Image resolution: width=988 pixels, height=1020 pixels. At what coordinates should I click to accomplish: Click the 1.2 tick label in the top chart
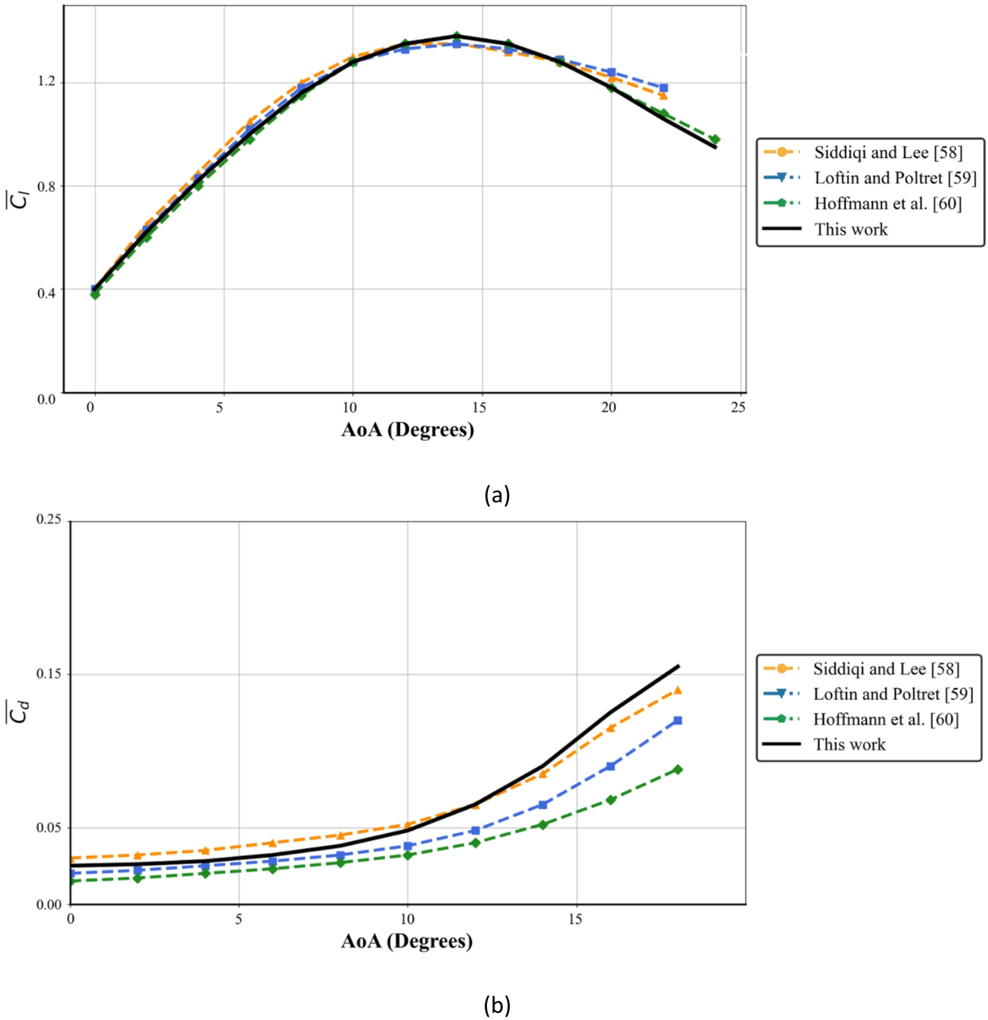tap(46, 81)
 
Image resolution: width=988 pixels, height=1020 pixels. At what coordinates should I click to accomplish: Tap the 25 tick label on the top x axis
tap(738, 407)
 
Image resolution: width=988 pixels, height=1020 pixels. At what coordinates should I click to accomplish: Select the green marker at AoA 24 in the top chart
tap(714, 139)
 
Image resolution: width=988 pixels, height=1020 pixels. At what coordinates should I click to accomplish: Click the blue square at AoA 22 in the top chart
tap(664, 88)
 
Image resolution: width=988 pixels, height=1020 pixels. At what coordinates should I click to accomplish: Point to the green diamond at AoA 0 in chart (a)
tap(95, 294)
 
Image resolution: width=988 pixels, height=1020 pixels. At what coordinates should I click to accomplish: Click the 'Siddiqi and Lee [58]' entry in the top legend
tap(888, 153)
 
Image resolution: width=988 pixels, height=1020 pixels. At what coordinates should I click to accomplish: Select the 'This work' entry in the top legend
tap(851, 229)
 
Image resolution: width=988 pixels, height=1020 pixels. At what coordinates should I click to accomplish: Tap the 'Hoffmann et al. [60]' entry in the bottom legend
tap(885, 719)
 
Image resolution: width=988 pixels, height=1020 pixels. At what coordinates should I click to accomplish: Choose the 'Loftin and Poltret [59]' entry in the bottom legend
tap(893, 694)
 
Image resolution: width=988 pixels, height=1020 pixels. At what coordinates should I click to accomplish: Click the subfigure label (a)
tap(497, 495)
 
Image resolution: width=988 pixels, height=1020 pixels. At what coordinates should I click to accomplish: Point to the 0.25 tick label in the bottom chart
tap(49, 519)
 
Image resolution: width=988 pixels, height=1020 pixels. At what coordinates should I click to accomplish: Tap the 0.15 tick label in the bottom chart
tap(49, 673)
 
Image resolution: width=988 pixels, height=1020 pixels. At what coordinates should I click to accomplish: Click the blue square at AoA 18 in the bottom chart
tap(678, 720)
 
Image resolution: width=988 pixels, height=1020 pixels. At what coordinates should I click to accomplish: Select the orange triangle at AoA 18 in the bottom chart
tap(678, 690)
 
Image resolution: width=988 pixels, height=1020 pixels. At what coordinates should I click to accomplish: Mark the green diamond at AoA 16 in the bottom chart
tap(611, 799)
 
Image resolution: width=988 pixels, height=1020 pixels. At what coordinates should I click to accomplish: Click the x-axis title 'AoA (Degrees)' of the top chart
tap(407, 430)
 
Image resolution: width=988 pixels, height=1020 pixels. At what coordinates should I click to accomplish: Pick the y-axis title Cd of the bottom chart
tap(20, 712)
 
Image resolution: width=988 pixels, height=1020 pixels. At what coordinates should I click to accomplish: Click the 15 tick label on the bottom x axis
tap(575, 920)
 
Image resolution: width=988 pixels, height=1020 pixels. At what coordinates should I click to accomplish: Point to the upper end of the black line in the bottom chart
tap(678, 665)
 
